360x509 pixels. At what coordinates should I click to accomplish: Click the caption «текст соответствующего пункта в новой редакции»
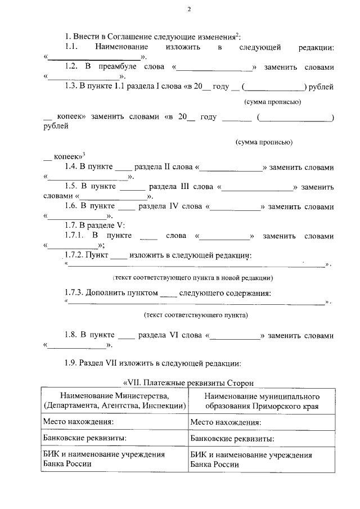(193, 277)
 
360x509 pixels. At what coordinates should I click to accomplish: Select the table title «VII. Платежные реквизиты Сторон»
(188, 383)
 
